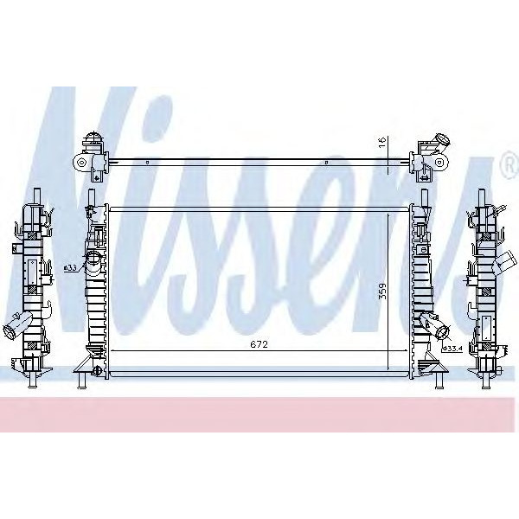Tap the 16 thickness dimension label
click(x=381, y=144)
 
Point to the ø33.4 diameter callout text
click(x=455, y=348)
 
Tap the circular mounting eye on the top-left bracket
click(x=81, y=162)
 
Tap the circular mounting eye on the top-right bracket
click(x=440, y=162)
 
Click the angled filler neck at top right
click(x=443, y=140)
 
